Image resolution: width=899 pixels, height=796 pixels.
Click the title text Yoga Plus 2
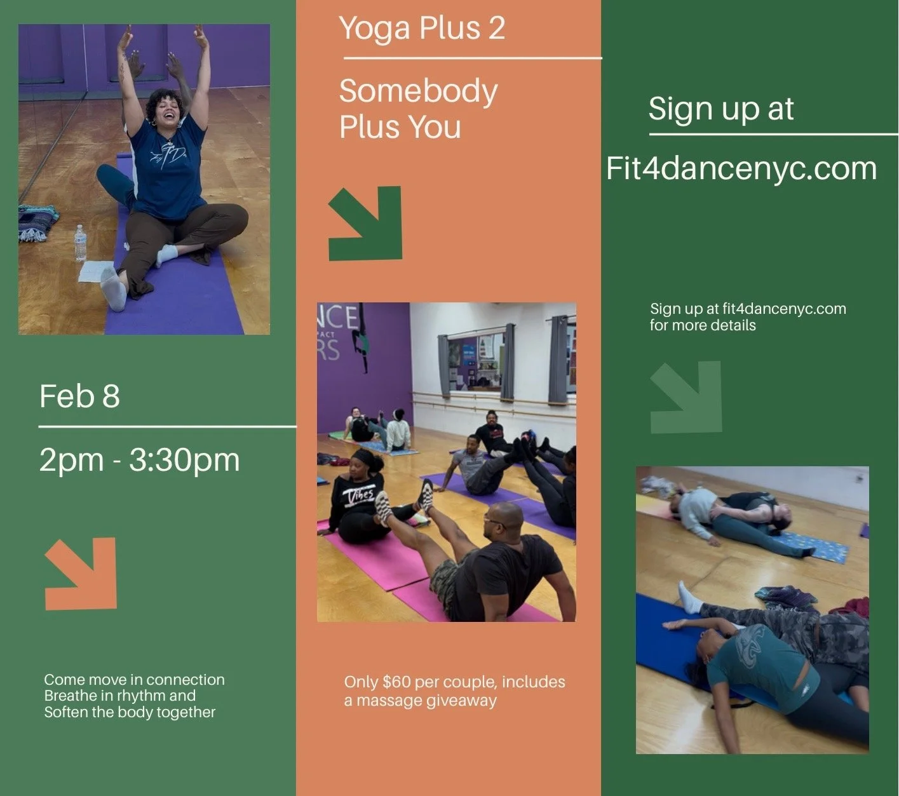(x=422, y=29)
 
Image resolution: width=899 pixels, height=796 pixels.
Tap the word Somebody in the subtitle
(x=418, y=91)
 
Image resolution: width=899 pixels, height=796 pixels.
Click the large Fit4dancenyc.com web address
(x=741, y=168)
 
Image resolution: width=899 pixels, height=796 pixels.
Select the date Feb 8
(x=79, y=396)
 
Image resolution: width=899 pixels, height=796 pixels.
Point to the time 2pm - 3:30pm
(x=139, y=460)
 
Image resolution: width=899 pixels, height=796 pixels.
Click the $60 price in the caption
(x=396, y=682)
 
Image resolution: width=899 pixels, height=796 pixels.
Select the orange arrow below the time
(x=82, y=573)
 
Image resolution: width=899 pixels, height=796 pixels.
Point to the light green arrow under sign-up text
(x=687, y=397)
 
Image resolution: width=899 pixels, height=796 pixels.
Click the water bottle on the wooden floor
(x=80, y=243)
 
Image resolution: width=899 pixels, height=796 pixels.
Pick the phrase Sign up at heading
(x=720, y=109)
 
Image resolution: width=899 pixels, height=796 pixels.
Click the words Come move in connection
(x=134, y=680)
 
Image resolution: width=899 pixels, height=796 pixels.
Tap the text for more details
(x=702, y=325)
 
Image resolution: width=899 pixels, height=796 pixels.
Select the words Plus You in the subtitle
(x=400, y=127)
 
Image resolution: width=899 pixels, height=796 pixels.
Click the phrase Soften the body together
(x=130, y=712)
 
